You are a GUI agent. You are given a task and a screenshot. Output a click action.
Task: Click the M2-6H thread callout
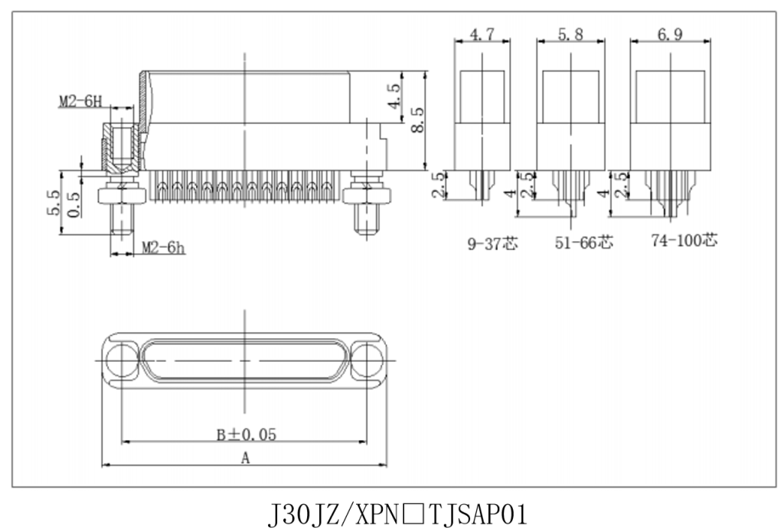click(x=80, y=102)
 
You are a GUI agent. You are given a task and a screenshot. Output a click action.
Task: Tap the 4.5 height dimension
click(x=394, y=96)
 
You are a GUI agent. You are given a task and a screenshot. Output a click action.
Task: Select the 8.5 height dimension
click(x=417, y=120)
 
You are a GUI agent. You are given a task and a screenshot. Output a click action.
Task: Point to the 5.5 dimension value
click(x=54, y=202)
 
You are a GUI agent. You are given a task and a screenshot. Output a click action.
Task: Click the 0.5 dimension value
click(x=74, y=205)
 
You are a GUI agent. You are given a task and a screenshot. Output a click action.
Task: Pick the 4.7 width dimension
click(x=482, y=34)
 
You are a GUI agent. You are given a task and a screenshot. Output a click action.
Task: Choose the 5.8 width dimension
click(x=570, y=34)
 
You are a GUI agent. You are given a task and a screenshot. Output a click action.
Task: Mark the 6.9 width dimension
click(x=670, y=34)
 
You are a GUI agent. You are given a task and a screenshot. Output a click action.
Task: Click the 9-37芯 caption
click(x=492, y=243)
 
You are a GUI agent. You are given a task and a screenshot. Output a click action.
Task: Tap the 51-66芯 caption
click(x=583, y=243)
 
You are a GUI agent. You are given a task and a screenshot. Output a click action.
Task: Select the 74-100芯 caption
click(x=684, y=240)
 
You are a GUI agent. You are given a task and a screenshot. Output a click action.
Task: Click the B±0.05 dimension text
click(x=246, y=435)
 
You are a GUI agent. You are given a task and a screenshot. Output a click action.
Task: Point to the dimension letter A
click(x=245, y=458)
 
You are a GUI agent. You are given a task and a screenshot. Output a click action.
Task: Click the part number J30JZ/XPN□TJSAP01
click(x=397, y=514)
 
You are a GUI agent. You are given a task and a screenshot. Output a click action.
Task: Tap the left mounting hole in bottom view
click(x=122, y=360)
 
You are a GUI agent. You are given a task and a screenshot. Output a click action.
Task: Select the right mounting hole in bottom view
click(x=367, y=360)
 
